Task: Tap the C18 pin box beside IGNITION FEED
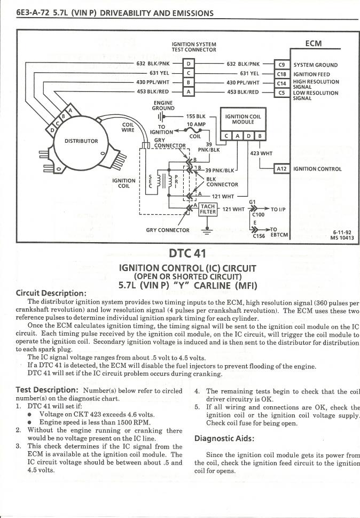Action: (281, 74)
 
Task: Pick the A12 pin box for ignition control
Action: (281, 169)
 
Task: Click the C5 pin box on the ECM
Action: (281, 92)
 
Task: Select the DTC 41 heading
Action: (189, 253)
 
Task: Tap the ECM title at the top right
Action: (313, 43)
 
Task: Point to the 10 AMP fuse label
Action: (195, 124)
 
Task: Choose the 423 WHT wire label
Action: (261, 153)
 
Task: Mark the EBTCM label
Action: (279, 234)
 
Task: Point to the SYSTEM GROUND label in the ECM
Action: (316, 65)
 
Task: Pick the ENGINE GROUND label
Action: (162, 105)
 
